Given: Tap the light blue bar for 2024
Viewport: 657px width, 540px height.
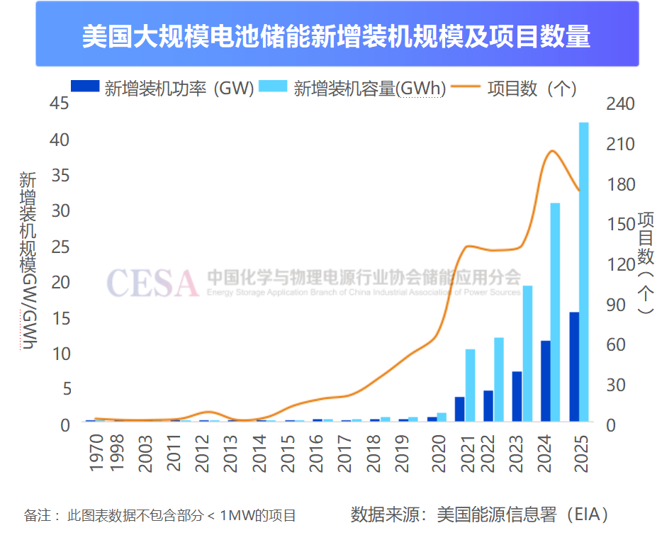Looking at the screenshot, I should coord(556,312).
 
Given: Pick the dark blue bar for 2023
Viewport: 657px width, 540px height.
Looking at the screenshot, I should coord(517,396).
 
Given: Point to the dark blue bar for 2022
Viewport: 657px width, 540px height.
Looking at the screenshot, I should coord(488,405).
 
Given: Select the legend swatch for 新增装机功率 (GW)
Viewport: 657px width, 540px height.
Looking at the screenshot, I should coord(84,88).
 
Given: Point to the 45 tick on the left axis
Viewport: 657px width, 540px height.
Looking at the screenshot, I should coord(61,104).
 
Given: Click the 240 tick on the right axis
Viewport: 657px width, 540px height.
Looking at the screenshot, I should coord(622,104).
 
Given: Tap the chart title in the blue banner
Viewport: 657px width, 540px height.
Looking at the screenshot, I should coord(337,35).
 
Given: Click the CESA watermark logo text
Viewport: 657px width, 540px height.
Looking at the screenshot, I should coord(152,283).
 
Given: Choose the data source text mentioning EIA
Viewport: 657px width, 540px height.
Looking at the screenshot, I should coord(480,514).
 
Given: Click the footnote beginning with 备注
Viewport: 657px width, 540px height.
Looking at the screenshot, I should coord(160,516).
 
